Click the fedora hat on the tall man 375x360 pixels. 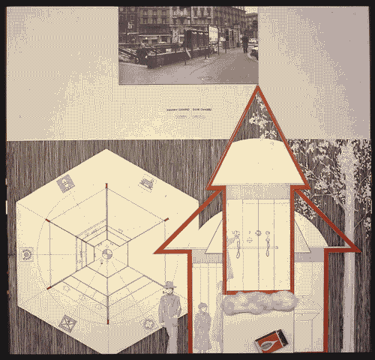pyautogui.click(x=169, y=286)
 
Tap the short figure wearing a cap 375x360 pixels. pyautogui.click(x=202, y=326)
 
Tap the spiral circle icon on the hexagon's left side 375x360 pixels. pyautogui.click(x=28, y=255)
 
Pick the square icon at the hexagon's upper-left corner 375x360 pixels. pyautogui.click(x=66, y=181)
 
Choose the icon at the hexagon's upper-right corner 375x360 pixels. pyautogui.click(x=147, y=182)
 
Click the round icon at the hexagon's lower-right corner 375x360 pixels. pyautogui.click(x=148, y=323)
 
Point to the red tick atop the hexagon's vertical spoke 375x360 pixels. pyautogui.click(x=107, y=184)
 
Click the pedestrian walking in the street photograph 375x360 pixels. pyautogui.click(x=244, y=42)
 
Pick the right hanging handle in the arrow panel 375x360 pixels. pyautogui.click(x=268, y=240)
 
